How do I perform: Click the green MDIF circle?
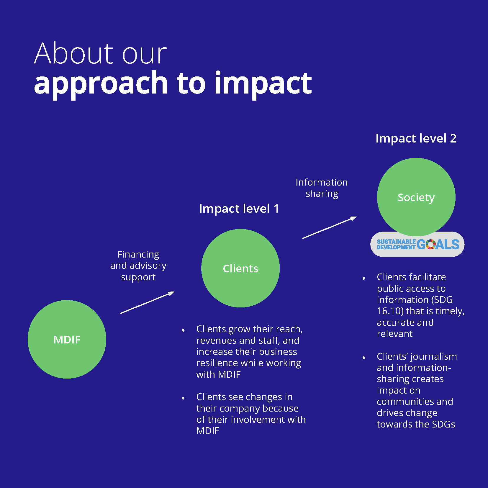(x=67, y=339)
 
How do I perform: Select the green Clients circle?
(x=240, y=268)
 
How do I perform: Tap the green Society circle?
(x=416, y=197)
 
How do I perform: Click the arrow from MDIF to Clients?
(x=147, y=302)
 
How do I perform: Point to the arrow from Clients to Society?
(x=329, y=227)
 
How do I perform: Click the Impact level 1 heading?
(x=239, y=209)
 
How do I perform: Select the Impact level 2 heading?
(x=416, y=138)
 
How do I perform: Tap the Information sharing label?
(x=322, y=188)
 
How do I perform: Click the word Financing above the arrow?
(x=138, y=254)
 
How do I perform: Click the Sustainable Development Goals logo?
(x=417, y=244)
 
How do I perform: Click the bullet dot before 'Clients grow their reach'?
(x=183, y=330)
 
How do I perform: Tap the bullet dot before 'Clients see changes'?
(x=183, y=398)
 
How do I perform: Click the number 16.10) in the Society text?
(x=390, y=311)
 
